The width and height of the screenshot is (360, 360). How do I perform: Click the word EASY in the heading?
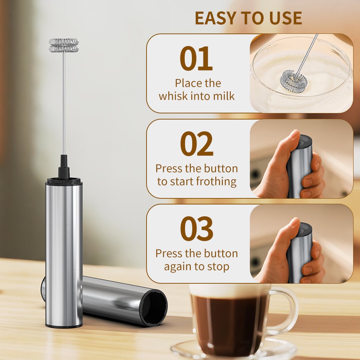[x=216, y=18]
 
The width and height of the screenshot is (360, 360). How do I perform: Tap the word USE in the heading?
[x=285, y=18]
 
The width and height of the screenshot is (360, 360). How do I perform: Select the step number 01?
[x=196, y=58]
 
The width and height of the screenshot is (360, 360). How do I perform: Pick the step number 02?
[x=197, y=144]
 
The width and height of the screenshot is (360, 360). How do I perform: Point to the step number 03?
[x=197, y=229]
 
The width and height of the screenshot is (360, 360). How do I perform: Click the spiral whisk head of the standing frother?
[x=64, y=45]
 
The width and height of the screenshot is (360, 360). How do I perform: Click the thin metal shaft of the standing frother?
[x=64, y=103]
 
